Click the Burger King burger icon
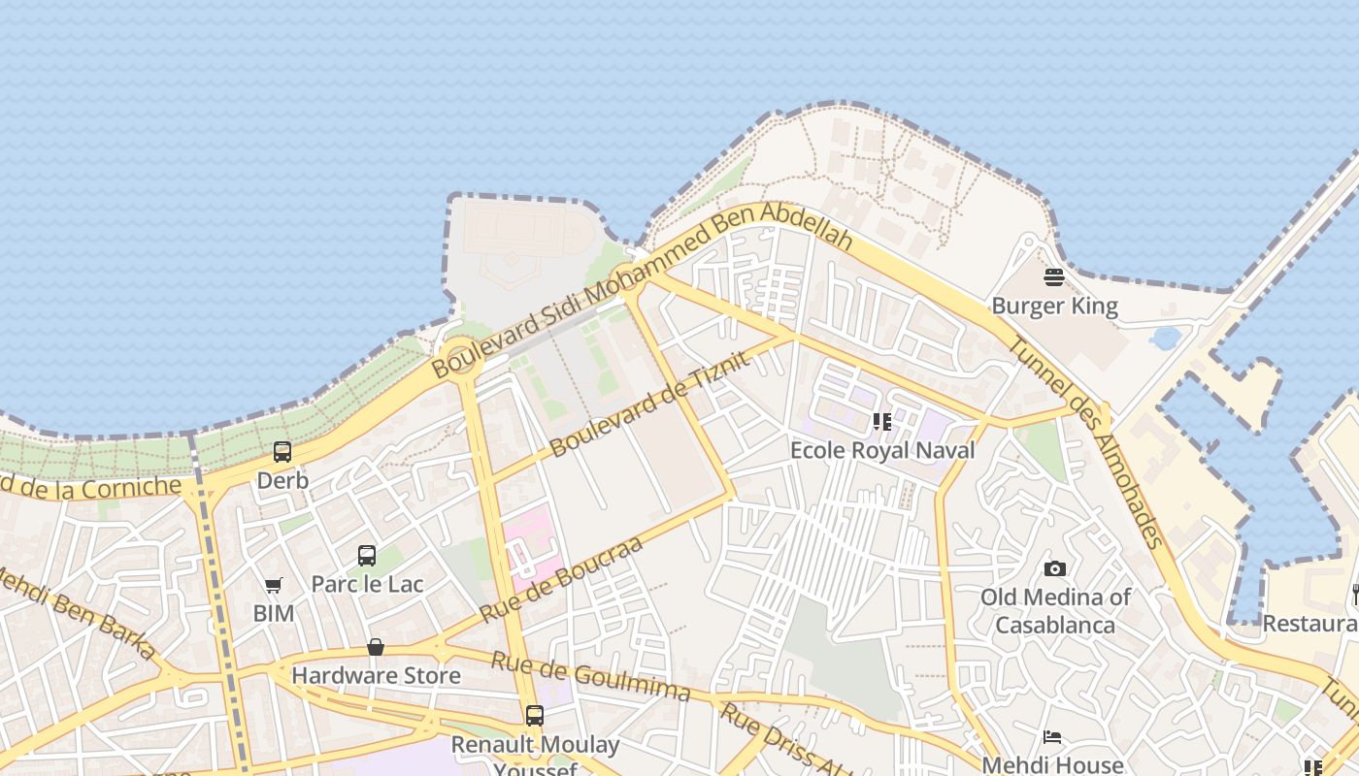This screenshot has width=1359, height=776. click(1054, 277)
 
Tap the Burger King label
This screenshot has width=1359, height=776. click(1054, 307)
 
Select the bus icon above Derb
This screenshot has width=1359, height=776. click(282, 452)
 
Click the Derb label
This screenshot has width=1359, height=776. click(282, 480)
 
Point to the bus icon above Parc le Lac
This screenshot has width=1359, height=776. click(367, 556)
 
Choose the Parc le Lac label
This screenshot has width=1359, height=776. click(367, 584)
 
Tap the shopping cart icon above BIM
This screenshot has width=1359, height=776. click(273, 586)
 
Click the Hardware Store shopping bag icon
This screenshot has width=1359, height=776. click(376, 647)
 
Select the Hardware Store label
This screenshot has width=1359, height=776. click(376, 675)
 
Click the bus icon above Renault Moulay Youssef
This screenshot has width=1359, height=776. click(534, 716)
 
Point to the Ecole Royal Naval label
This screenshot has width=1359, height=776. click(882, 450)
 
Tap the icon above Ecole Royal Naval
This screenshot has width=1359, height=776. click(881, 422)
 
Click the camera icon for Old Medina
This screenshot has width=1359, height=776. click(1055, 568)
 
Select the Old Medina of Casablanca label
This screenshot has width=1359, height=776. click(1055, 610)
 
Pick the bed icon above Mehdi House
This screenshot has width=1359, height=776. click(1052, 737)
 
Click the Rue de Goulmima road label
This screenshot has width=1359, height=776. click(590, 676)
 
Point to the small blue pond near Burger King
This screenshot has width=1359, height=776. click(1165, 338)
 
